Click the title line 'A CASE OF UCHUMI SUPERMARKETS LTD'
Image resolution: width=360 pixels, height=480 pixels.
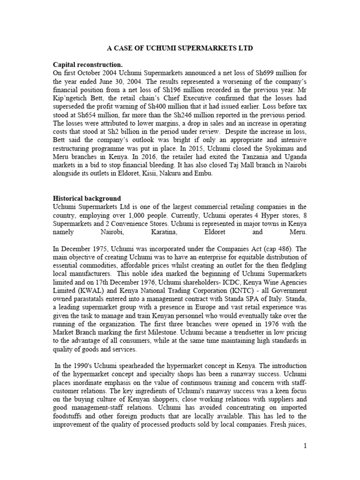[x=180, y=48]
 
